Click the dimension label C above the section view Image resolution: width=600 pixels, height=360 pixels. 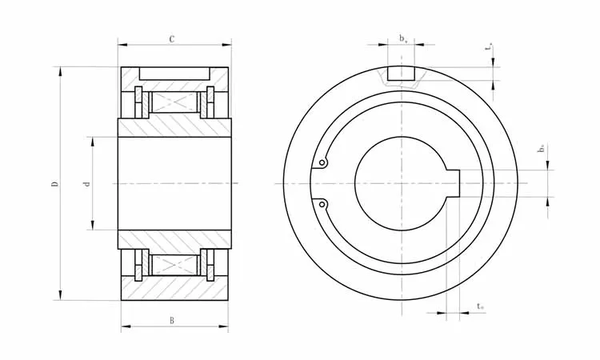tap(173, 38)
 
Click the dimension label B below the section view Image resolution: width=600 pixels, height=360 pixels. tap(173, 322)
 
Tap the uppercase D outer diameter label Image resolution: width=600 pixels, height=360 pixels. tap(54, 184)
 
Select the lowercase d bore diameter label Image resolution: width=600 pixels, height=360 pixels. tap(86, 184)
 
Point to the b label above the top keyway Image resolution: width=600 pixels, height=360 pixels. tap(402, 38)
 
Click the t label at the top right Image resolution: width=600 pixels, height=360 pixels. tap(489, 47)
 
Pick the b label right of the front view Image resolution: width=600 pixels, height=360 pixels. tap(542, 149)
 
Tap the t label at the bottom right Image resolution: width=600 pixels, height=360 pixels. tap(479, 306)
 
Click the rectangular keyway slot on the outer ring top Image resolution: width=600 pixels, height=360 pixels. tap(401, 74)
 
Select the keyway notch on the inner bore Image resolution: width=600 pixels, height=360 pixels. tap(455, 182)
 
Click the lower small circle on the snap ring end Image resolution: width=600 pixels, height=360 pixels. tap(322, 205)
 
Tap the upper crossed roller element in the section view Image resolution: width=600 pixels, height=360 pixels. tap(174, 102)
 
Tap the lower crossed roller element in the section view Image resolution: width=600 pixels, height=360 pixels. tap(174, 264)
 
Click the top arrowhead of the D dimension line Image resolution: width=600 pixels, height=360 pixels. tap(60, 71)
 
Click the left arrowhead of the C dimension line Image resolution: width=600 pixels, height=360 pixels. tap(122, 46)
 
